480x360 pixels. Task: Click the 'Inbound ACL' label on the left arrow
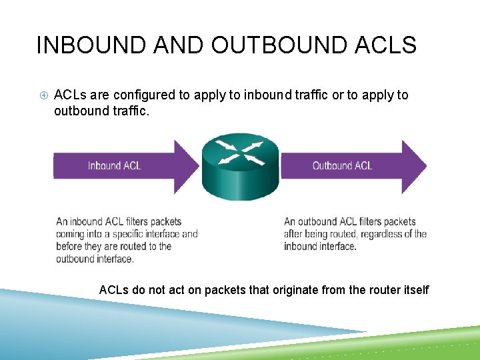(x=114, y=165)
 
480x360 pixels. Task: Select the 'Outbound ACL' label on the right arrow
(x=342, y=165)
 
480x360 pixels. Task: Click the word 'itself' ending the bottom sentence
(x=415, y=290)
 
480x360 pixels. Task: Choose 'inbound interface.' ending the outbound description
(x=320, y=246)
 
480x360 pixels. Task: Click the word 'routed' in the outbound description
(x=350, y=234)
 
